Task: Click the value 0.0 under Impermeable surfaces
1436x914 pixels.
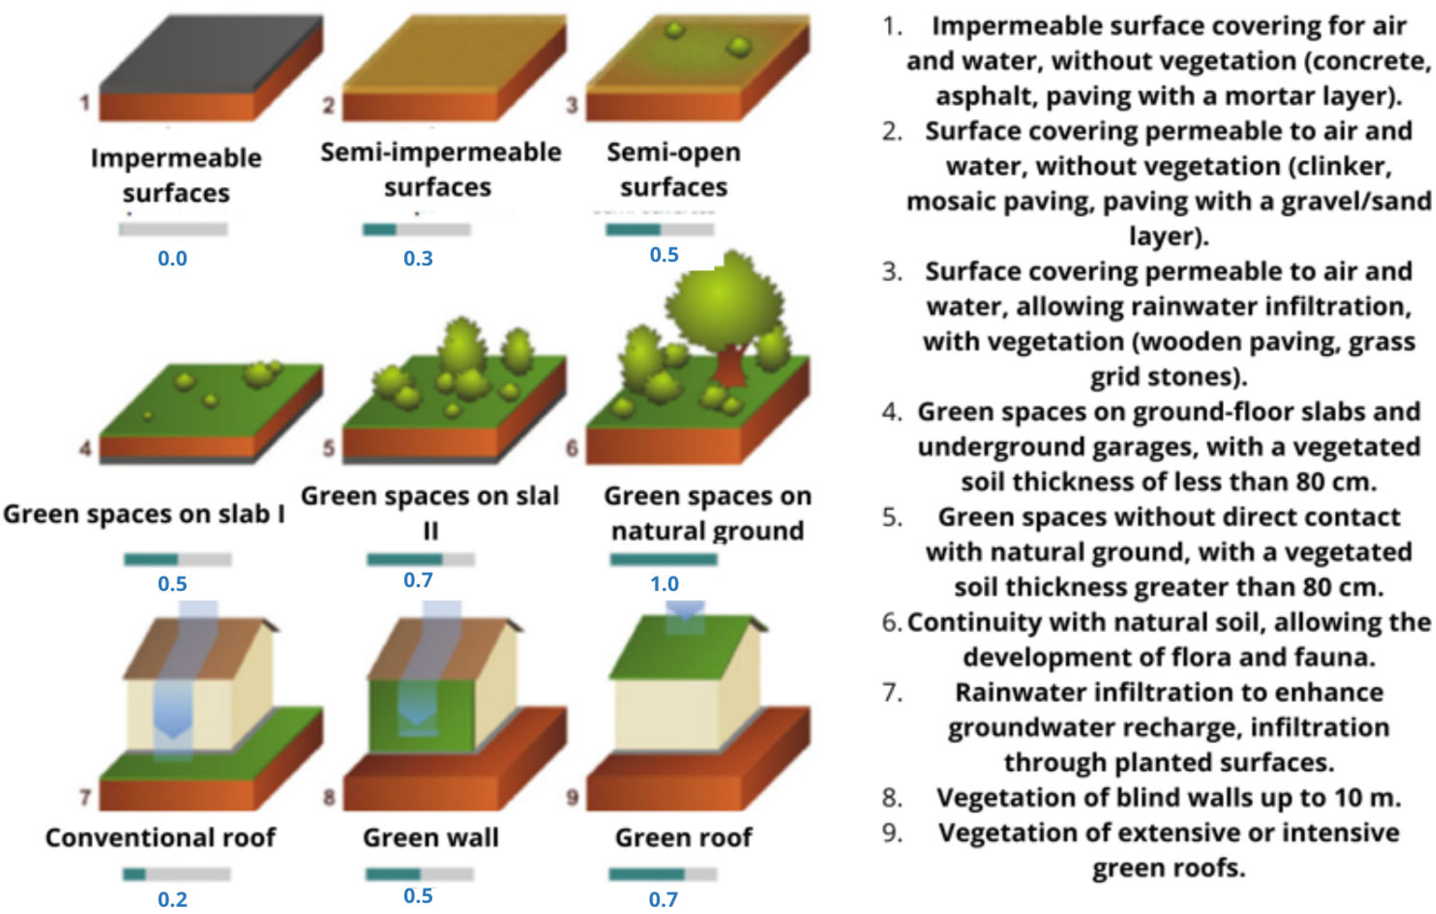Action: click(172, 258)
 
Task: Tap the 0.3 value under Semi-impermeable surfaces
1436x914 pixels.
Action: click(418, 258)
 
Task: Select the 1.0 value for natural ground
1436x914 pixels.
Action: click(664, 584)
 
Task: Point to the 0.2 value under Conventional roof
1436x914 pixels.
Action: click(172, 899)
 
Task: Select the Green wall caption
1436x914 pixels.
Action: click(430, 838)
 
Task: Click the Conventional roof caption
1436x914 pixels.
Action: click(160, 838)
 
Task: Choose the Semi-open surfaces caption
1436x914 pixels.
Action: click(674, 170)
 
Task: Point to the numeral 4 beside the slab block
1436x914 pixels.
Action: click(85, 448)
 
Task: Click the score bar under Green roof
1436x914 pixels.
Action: click(663, 874)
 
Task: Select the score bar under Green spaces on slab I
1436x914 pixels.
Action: click(178, 559)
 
